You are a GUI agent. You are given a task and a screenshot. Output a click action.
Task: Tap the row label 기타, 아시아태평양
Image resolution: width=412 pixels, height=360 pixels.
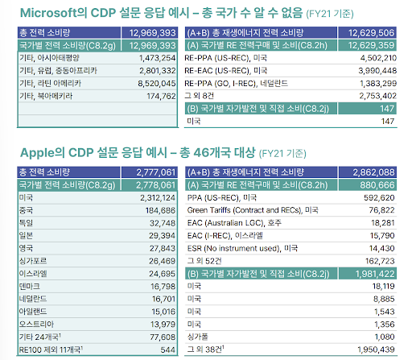[47, 58]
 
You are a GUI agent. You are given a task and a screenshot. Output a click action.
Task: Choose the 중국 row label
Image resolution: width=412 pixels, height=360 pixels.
[26, 209]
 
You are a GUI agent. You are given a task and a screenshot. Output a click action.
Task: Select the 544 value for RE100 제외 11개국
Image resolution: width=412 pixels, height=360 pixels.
[167, 350]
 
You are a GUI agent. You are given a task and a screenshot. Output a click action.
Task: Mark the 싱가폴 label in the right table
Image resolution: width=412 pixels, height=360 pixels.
[197, 337]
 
